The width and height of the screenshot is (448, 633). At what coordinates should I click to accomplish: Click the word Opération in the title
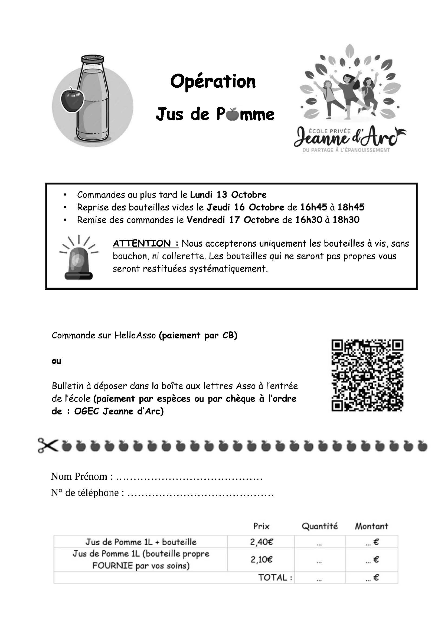coord(213,82)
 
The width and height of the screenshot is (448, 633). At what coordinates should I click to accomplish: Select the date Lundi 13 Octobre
coord(228,195)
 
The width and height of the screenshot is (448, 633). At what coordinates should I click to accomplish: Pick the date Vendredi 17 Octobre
coord(233,220)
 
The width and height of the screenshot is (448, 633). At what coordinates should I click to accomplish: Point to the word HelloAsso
coord(135,335)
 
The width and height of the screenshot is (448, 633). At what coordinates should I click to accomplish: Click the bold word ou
coord(56,361)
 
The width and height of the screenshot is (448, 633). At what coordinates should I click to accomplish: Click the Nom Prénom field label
coord(82,476)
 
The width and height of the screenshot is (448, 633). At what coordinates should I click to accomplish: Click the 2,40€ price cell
coord(261,542)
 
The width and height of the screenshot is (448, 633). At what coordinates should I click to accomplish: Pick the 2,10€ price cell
coord(261,559)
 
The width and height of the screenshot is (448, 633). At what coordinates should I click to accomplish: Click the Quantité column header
coord(320,526)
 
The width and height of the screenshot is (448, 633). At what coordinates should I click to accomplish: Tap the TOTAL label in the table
coord(275,577)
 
